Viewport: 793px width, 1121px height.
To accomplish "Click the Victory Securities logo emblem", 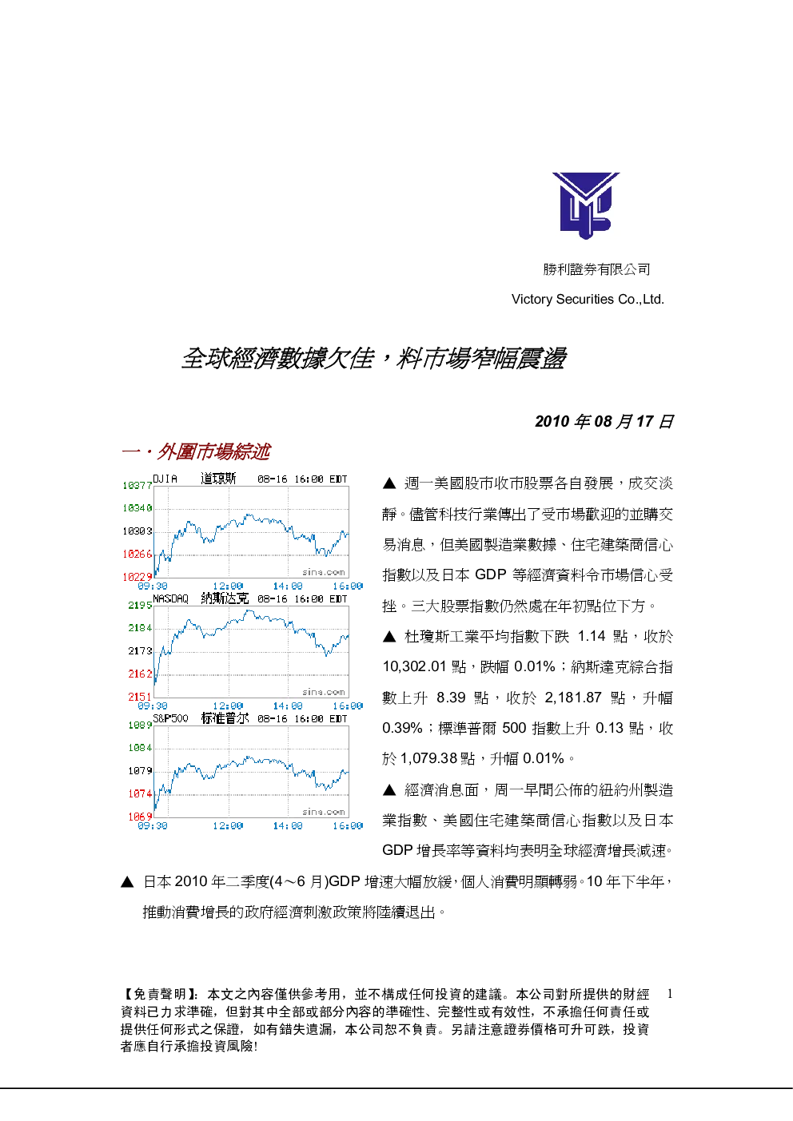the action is pos(586,205).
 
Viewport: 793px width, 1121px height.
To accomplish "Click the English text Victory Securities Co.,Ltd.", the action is pos(588,300).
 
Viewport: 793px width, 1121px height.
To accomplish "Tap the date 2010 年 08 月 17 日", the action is pos(604,421).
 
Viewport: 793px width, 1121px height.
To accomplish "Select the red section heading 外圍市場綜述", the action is pos(213,452).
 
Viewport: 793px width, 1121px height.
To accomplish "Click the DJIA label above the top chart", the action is pos(165,479).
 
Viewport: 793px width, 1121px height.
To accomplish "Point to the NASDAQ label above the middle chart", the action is pos(171,599).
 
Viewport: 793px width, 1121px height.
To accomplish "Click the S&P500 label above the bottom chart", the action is pos(171,718).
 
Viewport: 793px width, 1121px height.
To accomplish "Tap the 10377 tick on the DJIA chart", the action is pos(137,486).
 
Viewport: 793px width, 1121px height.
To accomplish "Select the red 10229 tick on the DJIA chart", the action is pos(137,577).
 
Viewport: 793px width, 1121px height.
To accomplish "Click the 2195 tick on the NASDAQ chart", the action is pos(140,606).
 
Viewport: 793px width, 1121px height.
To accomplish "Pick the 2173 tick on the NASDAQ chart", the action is pos(140,651).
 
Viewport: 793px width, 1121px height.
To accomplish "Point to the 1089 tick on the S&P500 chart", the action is pos(140,725).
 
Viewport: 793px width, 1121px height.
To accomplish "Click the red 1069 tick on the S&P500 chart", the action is pos(140,817).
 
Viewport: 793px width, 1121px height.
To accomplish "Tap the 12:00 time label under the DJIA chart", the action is pos(228,586).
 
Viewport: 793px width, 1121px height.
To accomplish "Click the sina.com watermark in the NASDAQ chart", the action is pos(324,692).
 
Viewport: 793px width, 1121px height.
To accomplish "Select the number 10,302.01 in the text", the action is pos(415,667).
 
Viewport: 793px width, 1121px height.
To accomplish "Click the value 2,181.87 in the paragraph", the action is pos(573,698).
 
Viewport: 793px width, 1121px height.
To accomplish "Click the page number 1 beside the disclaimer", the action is pos(670,994).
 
